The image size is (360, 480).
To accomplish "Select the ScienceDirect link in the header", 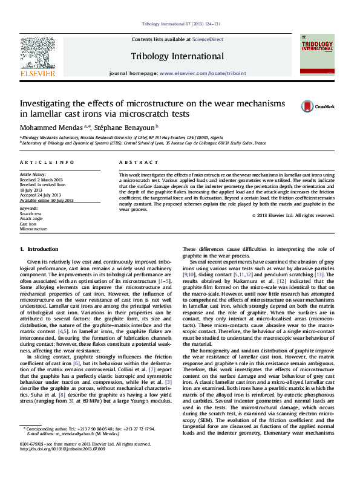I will pyautogui.click(x=208, y=39).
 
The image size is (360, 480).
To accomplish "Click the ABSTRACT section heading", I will pyautogui.click(x=134, y=163).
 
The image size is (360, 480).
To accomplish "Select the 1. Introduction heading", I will pyautogui.click(x=39, y=249).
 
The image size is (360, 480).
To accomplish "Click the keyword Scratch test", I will pyautogui.click(x=31, y=214).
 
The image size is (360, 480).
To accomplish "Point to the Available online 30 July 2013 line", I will pyautogui.click(x=47, y=200).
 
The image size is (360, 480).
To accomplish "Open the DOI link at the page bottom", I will pyautogui.click(x=62, y=466).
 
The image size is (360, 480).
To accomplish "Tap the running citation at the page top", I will pyautogui.click(x=181, y=24).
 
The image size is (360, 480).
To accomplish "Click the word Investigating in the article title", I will pyautogui.click(x=48, y=103).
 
